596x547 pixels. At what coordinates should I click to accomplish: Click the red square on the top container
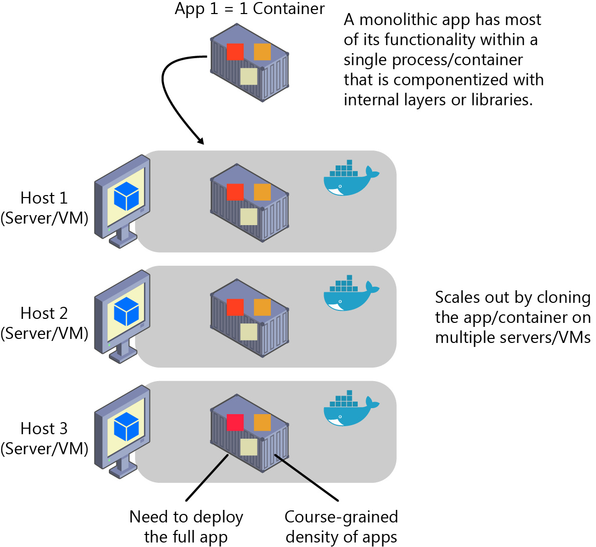[x=235, y=52]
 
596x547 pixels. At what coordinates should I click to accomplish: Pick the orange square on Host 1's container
[x=262, y=192]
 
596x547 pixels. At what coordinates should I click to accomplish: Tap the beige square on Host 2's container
[x=249, y=332]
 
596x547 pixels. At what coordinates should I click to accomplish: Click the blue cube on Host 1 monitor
[x=126, y=196]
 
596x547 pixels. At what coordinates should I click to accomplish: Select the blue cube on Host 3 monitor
[x=126, y=427]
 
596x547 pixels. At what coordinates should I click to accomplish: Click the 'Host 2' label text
[x=44, y=313]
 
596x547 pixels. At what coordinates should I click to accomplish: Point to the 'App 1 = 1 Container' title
[x=249, y=9]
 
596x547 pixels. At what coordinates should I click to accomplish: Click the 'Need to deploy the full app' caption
[x=186, y=526]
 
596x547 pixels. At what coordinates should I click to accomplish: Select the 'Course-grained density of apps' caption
[x=341, y=526]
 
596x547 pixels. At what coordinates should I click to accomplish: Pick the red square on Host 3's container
[x=235, y=422]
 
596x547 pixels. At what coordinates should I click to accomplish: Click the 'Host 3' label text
[x=44, y=429]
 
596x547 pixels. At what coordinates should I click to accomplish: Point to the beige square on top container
[x=249, y=77]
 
